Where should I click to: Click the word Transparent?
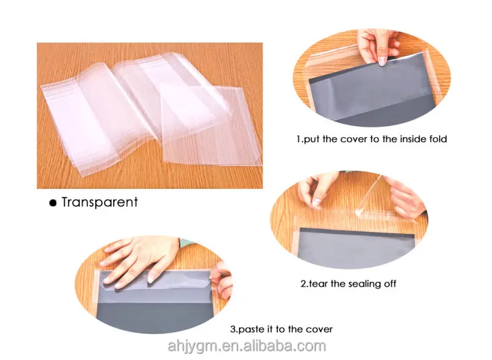coord(100,202)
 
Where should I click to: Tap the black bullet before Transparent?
coord(53,203)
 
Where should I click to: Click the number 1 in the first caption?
coord(298,138)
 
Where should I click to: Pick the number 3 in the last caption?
coord(233,329)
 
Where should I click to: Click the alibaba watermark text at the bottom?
coord(247,346)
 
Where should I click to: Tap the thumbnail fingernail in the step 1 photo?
coord(382,60)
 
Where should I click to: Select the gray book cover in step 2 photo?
coord(356,248)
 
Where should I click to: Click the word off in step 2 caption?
coord(390,284)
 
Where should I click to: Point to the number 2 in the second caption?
coord(303,284)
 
